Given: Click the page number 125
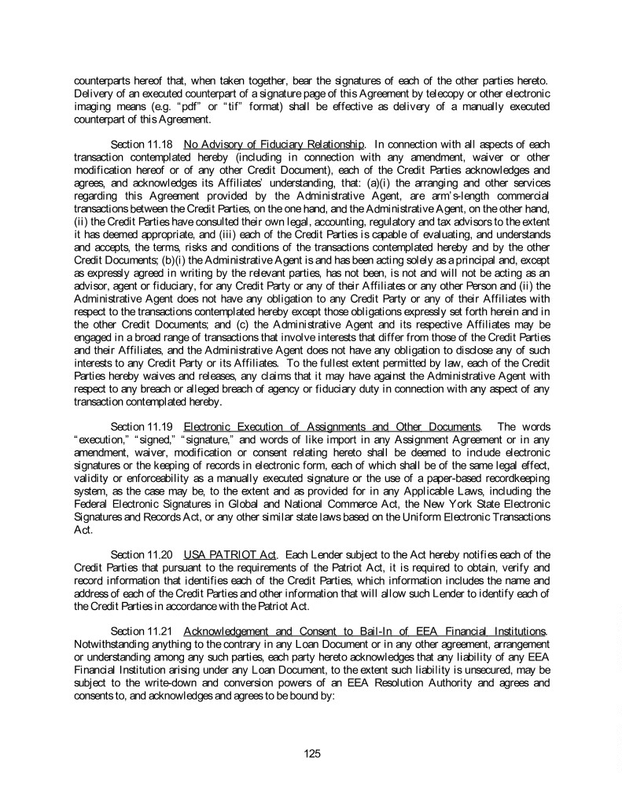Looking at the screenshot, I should pyautogui.click(x=312, y=754).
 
